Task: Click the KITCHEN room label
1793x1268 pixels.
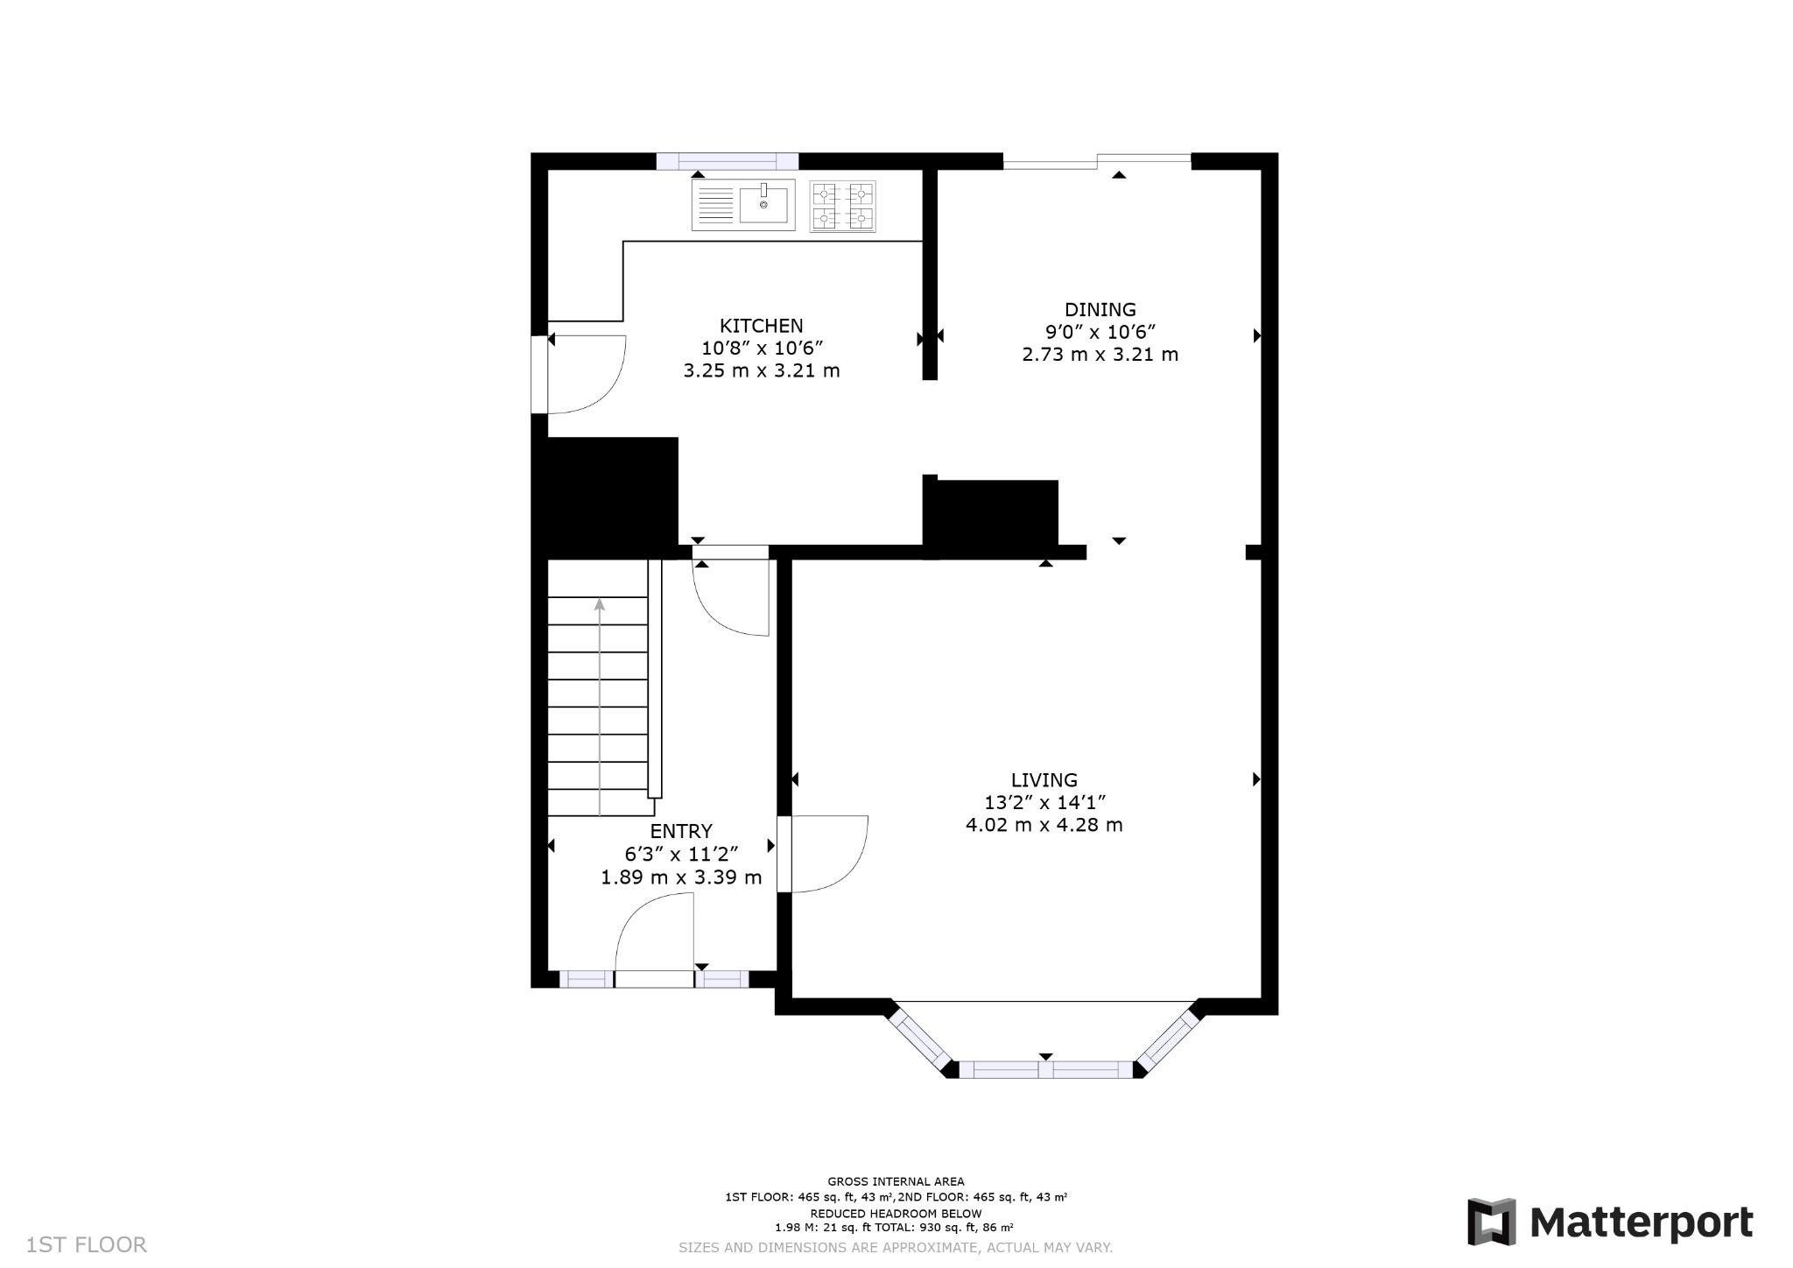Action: point(761,326)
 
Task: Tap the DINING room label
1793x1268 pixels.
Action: point(1100,309)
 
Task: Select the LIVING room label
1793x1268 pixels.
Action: point(1044,779)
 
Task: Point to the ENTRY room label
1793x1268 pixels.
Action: point(680,831)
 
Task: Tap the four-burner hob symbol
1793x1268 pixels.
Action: point(842,207)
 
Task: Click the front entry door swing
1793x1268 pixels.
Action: point(654,937)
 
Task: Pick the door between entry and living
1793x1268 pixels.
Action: point(823,854)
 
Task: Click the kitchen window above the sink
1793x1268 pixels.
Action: point(727,161)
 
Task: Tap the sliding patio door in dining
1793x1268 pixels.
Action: point(1096,159)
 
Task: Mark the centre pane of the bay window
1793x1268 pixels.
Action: point(1045,1069)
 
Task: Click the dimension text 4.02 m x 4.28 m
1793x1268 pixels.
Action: point(1044,825)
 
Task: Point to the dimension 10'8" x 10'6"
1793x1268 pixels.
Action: point(761,348)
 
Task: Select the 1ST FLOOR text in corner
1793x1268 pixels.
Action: point(87,1244)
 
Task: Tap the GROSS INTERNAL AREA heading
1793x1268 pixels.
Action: point(896,1181)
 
